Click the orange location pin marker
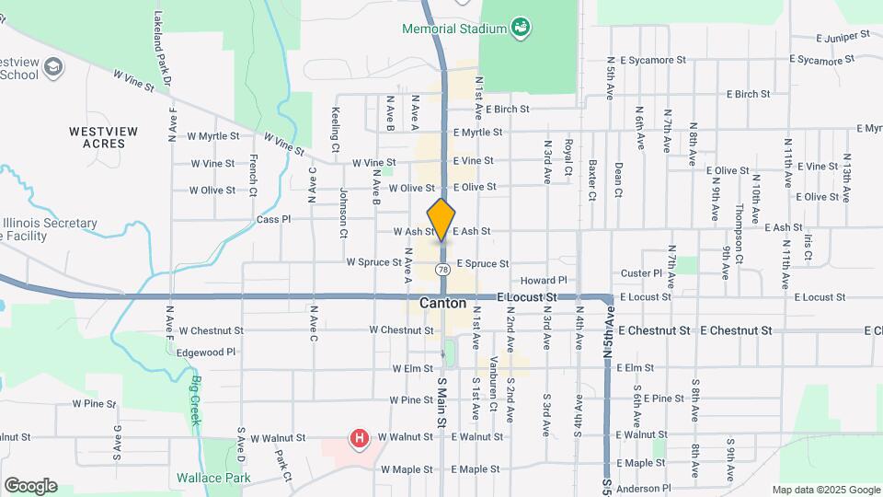(441, 220)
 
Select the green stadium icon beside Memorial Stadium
(521, 28)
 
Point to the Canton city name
(442, 303)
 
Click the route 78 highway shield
(443, 270)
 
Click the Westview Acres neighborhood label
(104, 137)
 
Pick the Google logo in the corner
(30, 486)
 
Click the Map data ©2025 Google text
(825, 490)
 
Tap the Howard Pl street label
(545, 280)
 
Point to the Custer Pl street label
(641, 273)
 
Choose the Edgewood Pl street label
(207, 352)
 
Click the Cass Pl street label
(273, 220)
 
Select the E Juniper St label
(843, 37)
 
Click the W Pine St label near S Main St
(411, 400)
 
